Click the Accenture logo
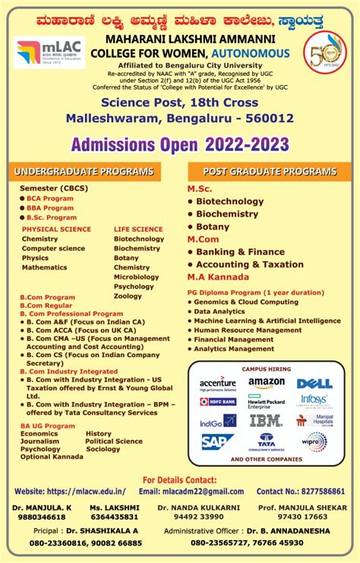(x=218, y=384)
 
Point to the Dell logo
(x=314, y=384)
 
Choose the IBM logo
(x=266, y=420)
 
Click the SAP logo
(x=217, y=441)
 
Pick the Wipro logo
(x=314, y=441)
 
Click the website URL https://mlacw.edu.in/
(x=85, y=492)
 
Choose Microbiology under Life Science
(x=136, y=277)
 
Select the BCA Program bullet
(x=50, y=198)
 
